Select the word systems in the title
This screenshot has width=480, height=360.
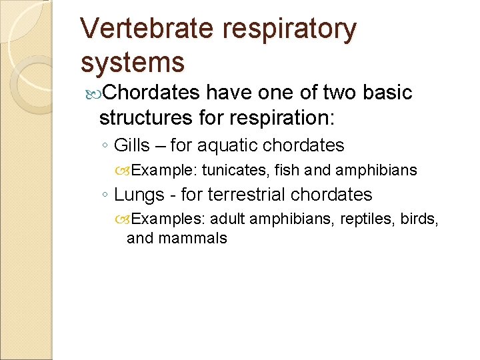132,62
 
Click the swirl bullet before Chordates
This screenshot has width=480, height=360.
93,93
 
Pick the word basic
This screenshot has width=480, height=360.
388,93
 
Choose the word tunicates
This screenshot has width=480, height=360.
235,170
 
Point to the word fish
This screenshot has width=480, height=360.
287,170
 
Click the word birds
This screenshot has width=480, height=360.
419,219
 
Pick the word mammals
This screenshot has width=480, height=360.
193,238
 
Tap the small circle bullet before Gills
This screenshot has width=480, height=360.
105,146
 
